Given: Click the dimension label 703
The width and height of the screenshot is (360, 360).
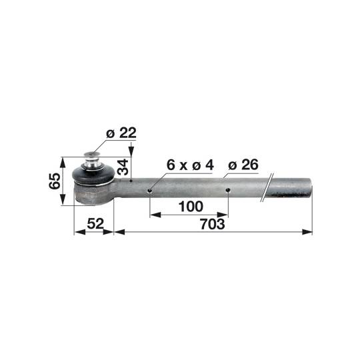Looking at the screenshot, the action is click(x=213, y=224).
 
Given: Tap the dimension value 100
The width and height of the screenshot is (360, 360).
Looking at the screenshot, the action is click(x=191, y=207).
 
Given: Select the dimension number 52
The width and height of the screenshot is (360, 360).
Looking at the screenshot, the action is click(x=95, y=223).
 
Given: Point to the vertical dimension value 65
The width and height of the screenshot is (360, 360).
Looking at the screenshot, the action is click(x=55, y=181).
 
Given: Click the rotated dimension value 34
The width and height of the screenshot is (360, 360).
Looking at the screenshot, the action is click(x=123, y=167).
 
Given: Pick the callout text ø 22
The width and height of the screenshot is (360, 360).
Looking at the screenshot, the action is click(x=121, y=133).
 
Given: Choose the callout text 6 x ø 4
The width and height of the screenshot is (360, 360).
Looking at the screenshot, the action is click(x=190, y=165).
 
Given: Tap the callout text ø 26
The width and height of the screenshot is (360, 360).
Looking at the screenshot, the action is click(x=243, y=165).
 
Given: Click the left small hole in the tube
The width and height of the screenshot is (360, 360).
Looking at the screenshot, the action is click(x=150, y=191).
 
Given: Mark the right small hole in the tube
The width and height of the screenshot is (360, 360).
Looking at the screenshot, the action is click(x=228, y=190).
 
